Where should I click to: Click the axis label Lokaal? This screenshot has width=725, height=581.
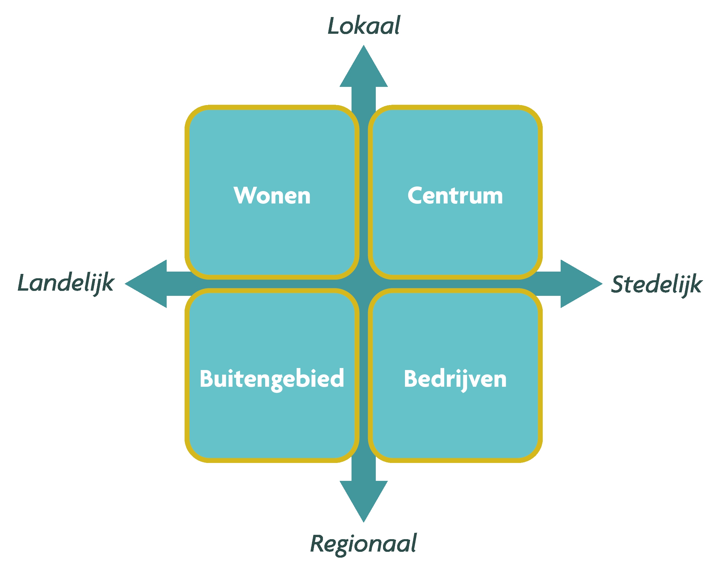pos(364,26)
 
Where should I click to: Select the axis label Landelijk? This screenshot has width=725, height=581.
pos(66,283)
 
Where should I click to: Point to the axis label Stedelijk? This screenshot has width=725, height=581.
pos(657,285)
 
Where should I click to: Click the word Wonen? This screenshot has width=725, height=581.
pos(272,196)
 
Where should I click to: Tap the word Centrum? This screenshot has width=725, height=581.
pos(455,196)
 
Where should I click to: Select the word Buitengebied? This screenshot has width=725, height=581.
pos(272,379)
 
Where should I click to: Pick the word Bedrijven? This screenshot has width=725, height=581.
pos(455,379)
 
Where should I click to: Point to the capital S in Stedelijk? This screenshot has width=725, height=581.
pos(618,284)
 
